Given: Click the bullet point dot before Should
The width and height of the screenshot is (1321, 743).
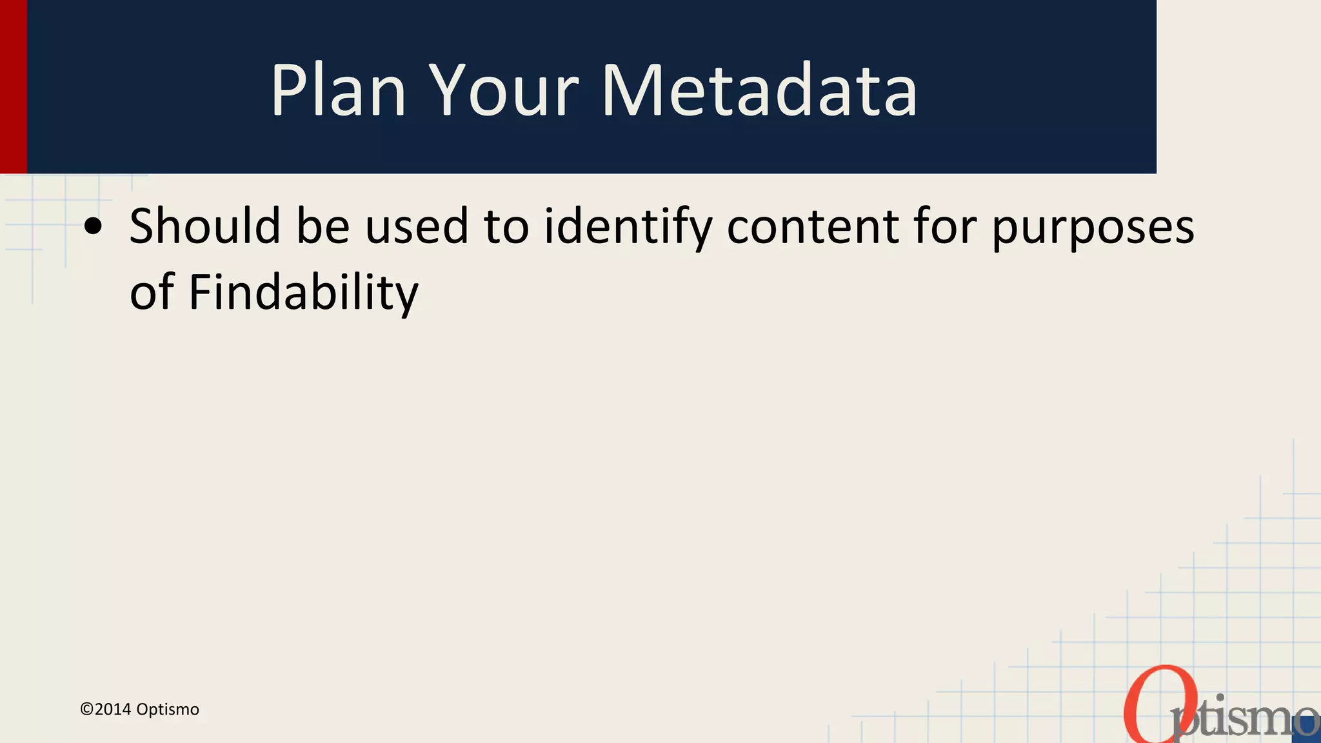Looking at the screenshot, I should point(94,226).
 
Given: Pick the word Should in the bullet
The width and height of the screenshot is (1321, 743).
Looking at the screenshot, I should point(205,226).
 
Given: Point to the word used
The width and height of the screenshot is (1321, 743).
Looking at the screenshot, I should point(417,226).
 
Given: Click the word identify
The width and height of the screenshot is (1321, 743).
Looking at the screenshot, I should point(628,228).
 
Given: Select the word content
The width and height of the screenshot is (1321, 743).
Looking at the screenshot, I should point(813,226).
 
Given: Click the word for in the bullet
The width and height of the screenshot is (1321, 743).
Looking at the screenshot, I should point(945,226).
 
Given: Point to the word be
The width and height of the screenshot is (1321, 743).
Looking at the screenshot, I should point(323,226).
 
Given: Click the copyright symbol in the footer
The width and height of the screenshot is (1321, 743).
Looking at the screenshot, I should point(86,709).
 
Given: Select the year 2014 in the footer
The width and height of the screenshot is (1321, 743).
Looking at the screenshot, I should point(113,709).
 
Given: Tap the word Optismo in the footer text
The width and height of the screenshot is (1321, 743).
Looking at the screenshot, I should point(168,709).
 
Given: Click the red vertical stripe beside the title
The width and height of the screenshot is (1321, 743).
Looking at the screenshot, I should point(13,86).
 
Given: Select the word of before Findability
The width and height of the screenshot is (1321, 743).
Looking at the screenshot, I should point(152,292).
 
